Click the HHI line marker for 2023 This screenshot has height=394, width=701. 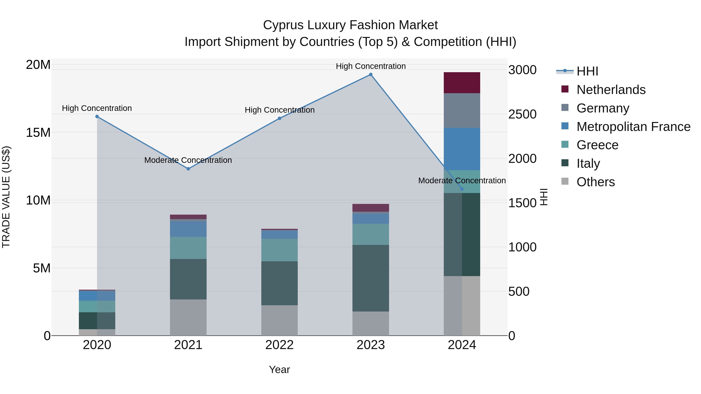[371, 75]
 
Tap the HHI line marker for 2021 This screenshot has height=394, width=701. [188, 169]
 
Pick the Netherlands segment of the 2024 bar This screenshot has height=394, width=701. [462, 83]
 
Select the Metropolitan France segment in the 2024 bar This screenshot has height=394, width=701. [462, 149]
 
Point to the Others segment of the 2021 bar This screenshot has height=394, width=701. [188, 317]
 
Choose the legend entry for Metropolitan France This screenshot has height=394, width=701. [633, 127]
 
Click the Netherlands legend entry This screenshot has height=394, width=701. [611, 90]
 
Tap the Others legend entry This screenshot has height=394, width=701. [595, 182]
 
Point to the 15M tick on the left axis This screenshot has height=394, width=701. [38, 133]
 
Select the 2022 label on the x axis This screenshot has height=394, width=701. [279, 345]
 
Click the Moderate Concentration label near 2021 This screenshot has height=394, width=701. [188, 160]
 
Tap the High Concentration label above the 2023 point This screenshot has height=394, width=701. [371, 66]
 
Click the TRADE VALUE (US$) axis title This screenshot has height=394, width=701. [6, 197]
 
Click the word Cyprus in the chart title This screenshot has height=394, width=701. [283, 25]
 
